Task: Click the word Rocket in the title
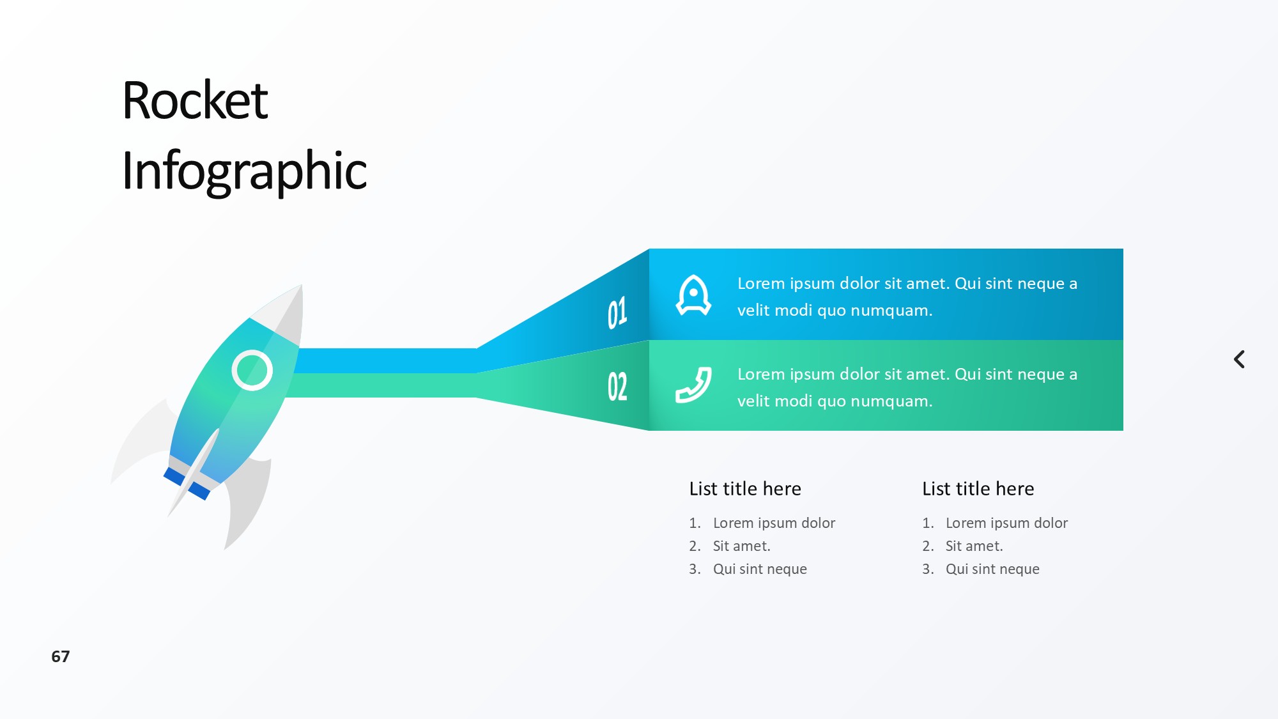point(195,100)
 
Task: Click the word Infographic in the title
point(244,171)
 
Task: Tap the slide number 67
point(61,656)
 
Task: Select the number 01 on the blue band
point(617,313)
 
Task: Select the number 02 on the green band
point(617,386)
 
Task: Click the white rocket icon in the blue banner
point(693,295)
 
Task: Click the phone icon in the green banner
point(693,385)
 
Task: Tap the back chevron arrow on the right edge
point(1239,359)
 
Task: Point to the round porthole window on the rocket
point(252,370)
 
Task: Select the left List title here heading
point(745,489)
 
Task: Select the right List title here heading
point(978,489)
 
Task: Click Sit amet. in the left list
point(742,546)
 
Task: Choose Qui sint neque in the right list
point(992,569)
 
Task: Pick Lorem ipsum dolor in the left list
point(774,523)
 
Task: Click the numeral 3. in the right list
point(928,569)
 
